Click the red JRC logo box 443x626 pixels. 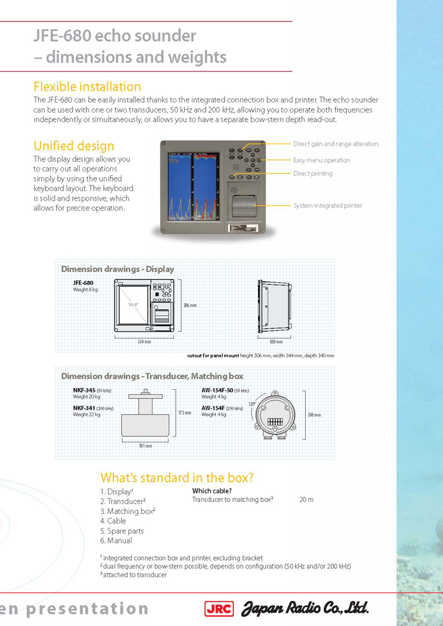click(219, 609)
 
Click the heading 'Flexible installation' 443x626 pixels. click(87, 86)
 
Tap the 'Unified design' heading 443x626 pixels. click(74, 146)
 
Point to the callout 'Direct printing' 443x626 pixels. click(313, 173)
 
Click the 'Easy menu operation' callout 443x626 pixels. click(321, 160)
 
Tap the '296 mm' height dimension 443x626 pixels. click(190, 305)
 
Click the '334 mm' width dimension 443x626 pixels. click(144, 342)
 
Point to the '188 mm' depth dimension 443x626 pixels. click(276, 342)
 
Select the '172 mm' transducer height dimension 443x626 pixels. click(184, 413)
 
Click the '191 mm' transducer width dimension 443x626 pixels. click(145, 446)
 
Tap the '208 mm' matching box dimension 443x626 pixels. click(314, 415)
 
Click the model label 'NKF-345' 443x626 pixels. click(84, 391)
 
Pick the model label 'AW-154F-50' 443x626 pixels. click(217, 391)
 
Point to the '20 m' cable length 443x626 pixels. click(306, 499)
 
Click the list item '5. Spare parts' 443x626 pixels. click(122, 531)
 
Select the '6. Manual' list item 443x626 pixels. click(116, 541)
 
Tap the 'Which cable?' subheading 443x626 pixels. click(212, 491)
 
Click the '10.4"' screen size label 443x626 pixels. click(133, 304)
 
